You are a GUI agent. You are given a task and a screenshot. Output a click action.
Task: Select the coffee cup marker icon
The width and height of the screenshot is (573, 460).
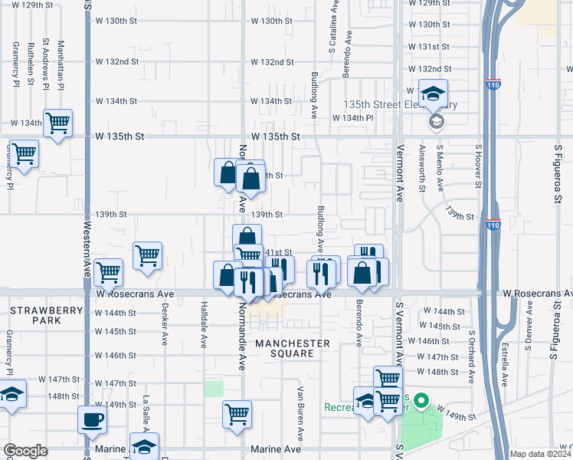point(92,419)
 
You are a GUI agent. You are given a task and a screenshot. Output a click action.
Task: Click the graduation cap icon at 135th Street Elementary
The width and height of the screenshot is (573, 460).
point(434,94)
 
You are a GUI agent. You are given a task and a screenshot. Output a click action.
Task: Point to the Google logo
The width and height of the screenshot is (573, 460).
point(25,451)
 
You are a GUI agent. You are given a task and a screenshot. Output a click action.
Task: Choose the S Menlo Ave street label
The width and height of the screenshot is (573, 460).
point(440,165)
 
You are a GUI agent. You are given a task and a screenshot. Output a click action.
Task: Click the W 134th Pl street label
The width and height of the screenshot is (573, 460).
point(353,118)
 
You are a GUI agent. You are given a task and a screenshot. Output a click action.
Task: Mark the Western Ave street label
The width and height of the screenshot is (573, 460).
point(85,246)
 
